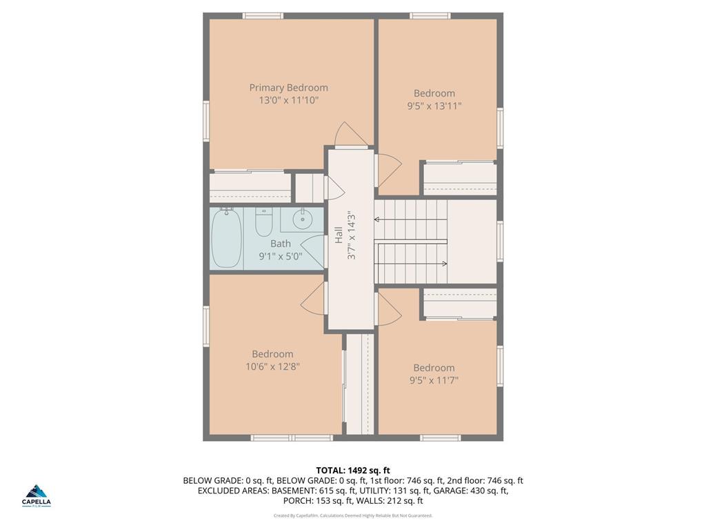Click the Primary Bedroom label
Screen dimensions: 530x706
click(x=288, y=88)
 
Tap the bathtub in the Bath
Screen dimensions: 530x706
click(x=225, y=238)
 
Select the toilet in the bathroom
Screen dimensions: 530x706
click(x=263, y=222)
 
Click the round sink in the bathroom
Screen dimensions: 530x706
click(x=302, y=220)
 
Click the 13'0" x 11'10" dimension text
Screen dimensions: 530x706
click(x=288, y=101)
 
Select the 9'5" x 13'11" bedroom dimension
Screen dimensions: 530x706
click(x=434, y=106)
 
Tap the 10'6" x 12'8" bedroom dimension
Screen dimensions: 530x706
click(x=272, y=367)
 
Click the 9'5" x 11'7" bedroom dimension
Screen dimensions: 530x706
click(x=434, y=380)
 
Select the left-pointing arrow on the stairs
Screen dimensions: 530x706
click(x=379, y=219)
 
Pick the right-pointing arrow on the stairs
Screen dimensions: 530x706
click(x=443, y=264)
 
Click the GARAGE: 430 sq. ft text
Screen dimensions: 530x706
click(x=471, y=491)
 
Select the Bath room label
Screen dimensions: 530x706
click(x=281, y=244)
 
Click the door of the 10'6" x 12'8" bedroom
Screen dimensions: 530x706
click(x=314, y=298)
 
